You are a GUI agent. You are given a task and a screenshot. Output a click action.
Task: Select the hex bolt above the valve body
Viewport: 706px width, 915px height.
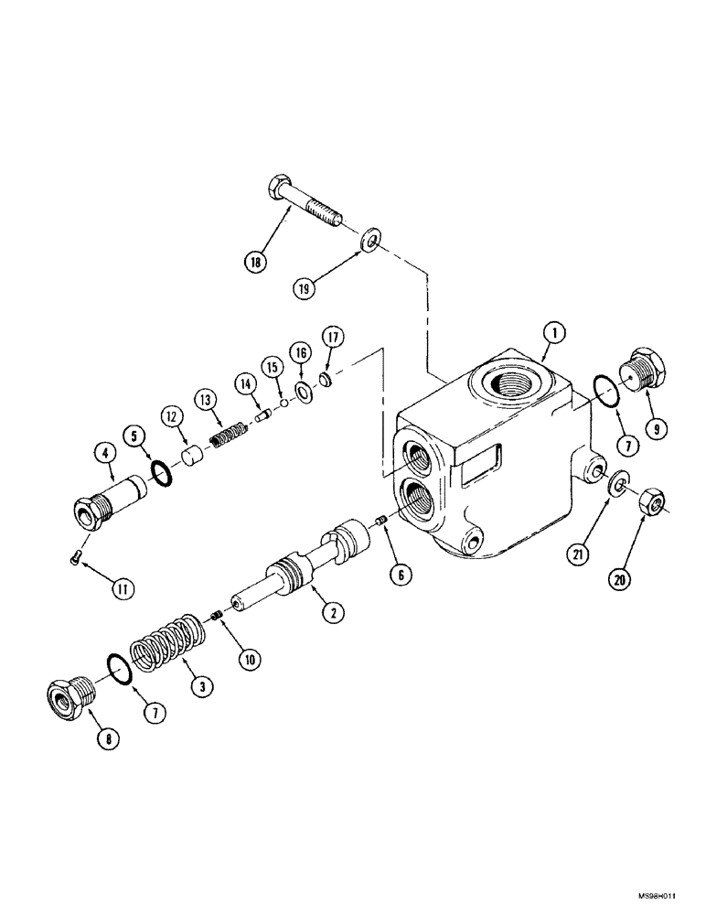coord(305,205)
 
